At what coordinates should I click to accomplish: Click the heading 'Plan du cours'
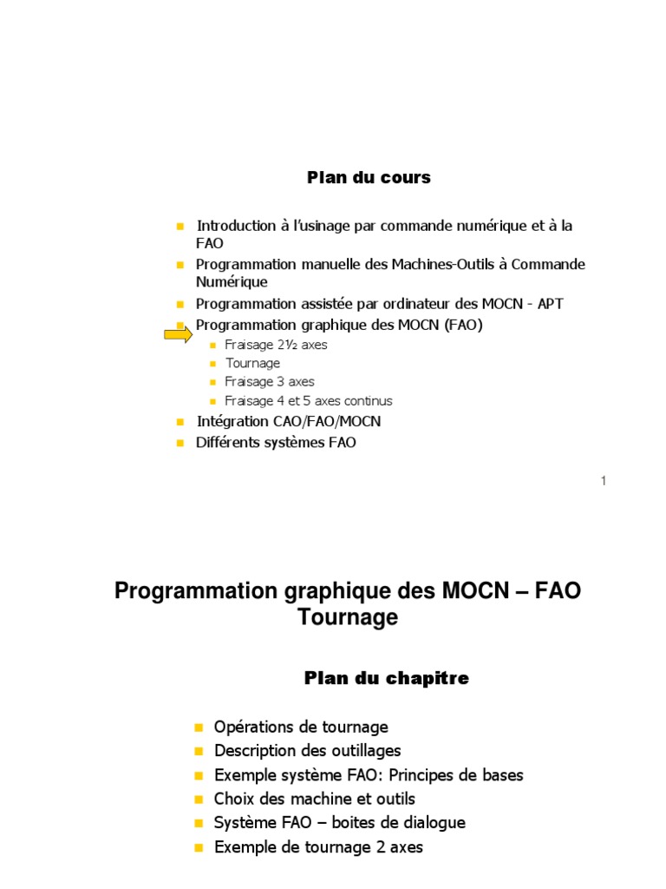pos(369,178)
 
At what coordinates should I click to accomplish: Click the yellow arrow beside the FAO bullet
pos(178,334)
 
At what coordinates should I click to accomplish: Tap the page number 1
pos(603,481)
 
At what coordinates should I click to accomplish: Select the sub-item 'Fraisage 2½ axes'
pos(276,345)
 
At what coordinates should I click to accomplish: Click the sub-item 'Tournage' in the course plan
pos(252,364)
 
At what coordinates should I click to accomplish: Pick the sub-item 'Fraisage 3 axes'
pos(270,382)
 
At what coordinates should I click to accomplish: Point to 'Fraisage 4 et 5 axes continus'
pos(309,401)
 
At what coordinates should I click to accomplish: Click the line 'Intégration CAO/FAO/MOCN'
pos(289,422)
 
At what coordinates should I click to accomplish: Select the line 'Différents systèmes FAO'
pos(277,443)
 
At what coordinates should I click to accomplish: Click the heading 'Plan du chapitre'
pos(386,679)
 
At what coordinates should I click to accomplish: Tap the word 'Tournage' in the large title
pos(348,618)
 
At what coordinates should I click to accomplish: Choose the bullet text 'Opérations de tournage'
pos(301,728)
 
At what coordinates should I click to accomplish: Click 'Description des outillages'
pos(308,751)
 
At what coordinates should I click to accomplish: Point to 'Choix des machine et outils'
pos(315,799)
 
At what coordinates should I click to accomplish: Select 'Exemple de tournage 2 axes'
pos(318,846)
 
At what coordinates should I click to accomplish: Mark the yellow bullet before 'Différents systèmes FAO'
pos(180,443)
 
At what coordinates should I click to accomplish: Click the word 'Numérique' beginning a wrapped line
pos(232,282)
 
